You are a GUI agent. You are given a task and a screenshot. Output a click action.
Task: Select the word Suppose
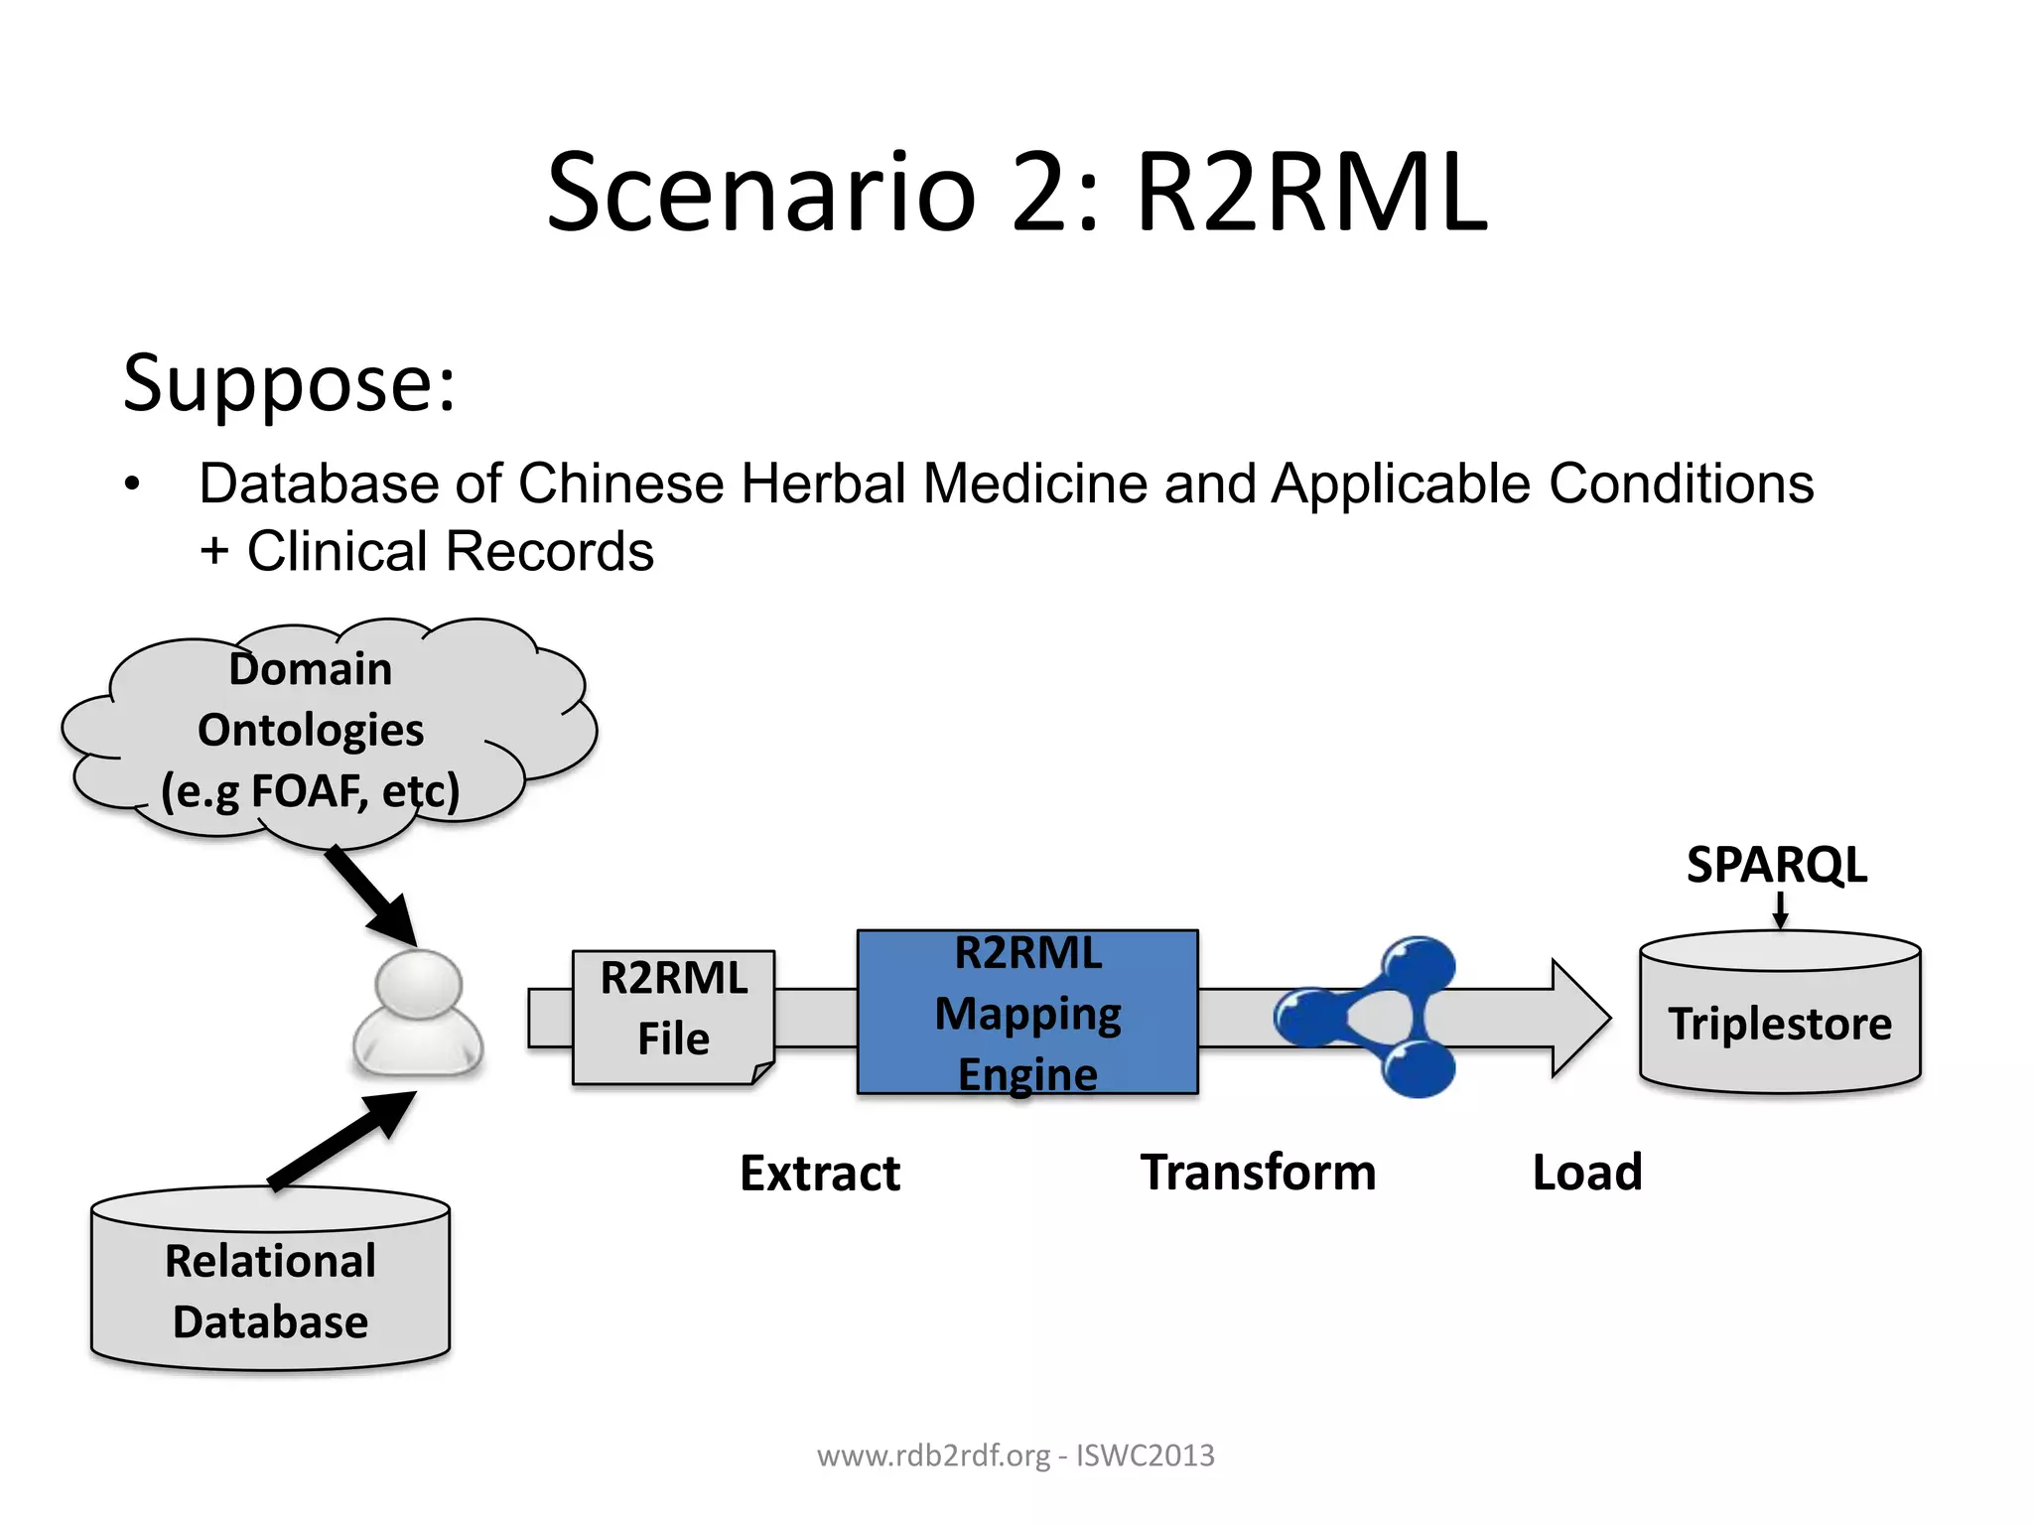coord(288,383)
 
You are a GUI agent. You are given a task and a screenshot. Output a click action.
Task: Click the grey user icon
coord(418,1013)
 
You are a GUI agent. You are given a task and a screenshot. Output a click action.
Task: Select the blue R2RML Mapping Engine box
coord(1027,1013)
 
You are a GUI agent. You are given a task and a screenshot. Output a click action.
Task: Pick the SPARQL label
coord(1776,864)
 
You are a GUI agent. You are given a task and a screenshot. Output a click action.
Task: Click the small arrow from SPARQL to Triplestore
coord(1780,909)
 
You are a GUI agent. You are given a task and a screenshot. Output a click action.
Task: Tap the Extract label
coord(820,1173)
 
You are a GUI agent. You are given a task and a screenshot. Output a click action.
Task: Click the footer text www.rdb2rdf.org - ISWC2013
coord(1016,1456)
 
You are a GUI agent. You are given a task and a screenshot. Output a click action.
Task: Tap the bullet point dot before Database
coord(133,485)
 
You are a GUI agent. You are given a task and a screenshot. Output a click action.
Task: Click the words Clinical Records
coord(450,552)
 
